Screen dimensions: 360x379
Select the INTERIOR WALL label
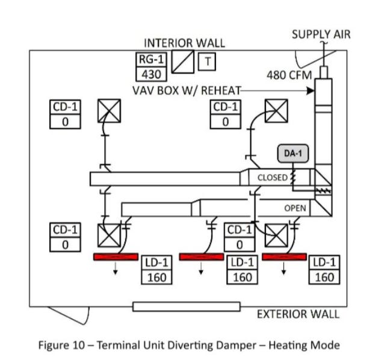[184, 43]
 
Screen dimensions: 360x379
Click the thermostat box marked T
[208, 61]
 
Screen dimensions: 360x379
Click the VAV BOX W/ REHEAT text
[186, 90]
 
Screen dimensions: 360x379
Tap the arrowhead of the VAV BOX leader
[313, 91]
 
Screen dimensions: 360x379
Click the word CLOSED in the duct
[272, 178]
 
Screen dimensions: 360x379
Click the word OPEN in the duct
[295, 208]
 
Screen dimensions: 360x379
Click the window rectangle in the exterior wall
[186, 307]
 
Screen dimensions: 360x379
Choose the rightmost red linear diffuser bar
[285, 257]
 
